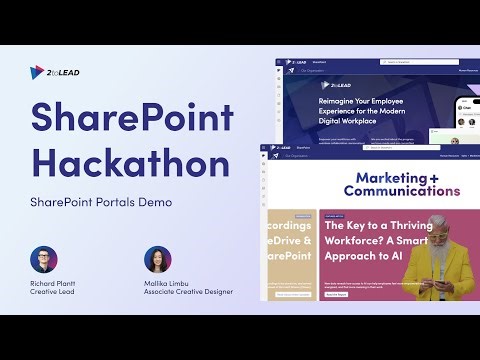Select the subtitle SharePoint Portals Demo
click(100, 202)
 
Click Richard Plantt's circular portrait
click(44, 260)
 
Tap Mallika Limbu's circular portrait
click(158, 260)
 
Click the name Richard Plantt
click(51, 282)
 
